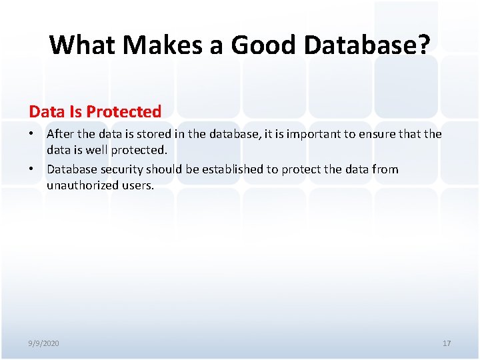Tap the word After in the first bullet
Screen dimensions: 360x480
pyautogui.click(x=61, y=134)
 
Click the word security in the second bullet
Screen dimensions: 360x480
pyautogui.click(x=121, y=169)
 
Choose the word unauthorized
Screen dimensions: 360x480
pyautogui.click(x=82, y=185)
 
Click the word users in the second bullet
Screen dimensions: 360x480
pyautogui.click(x=138, y=185)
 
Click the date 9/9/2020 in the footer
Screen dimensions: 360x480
pyautogui.click(x=44, y=343)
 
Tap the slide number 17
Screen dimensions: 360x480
pyautogui.click(x=447, y=343)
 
